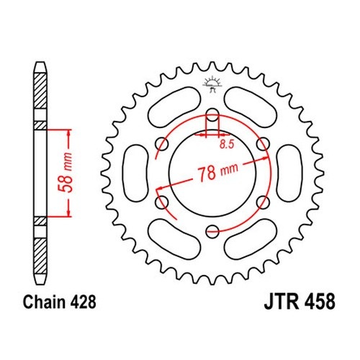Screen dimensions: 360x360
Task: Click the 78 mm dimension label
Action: tap(218, 171)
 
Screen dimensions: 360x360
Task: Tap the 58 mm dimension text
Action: tap(66, 172)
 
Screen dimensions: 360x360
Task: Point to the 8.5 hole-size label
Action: tap(227, 145)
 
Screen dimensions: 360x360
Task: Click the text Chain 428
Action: tap(60, 302)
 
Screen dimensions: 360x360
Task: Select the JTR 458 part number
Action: tap(300, 302)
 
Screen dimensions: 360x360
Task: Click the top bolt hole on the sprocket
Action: tap(212, 115)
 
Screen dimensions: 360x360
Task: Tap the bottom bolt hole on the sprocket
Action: tap(212, 231)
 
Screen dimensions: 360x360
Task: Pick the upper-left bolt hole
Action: tap(162, 144)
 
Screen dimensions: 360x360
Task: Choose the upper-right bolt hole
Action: tap(263, 144)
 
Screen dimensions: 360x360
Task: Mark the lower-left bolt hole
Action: tap(162, 202)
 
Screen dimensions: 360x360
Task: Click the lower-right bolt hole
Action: tap(263, 202)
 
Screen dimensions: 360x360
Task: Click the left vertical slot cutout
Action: tap(135, 173)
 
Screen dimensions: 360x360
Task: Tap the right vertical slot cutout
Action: tap(289, 173)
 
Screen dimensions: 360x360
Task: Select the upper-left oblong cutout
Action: tap(174, 108)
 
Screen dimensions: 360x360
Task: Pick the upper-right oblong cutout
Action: tap(251, 108)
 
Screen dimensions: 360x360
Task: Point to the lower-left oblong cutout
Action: tap(174, 238)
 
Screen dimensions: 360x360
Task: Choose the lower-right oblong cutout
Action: tap(251, 238)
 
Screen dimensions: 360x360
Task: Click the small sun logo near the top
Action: tap(212, 84)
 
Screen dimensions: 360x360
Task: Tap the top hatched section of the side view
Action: tap(40, 91)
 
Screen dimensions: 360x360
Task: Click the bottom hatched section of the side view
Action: tap(40, 256)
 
